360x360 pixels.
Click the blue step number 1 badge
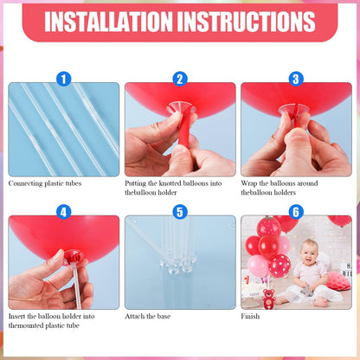(63, 79)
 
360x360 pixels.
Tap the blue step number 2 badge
(180, 79)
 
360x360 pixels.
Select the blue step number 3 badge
(296, 79)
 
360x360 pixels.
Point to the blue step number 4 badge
(63, 212)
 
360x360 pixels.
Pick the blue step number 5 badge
(180, 212)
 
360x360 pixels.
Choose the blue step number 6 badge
(296, 212)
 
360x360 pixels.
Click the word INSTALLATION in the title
(108, 22)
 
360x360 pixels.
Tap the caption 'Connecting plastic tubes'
(45, 183)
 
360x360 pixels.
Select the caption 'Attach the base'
(147, 316)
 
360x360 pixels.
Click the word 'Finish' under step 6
(250, 316)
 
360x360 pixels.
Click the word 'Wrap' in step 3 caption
(249, 183)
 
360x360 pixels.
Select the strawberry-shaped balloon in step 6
(269, 227)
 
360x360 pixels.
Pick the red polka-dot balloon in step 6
(280, 266)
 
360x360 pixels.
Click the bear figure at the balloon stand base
(269, 299)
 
